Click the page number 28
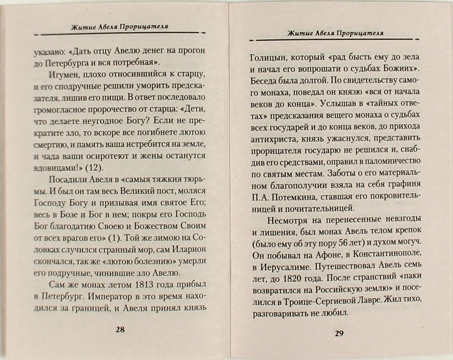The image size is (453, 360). [120, 329]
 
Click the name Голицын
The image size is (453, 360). [269, 58]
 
